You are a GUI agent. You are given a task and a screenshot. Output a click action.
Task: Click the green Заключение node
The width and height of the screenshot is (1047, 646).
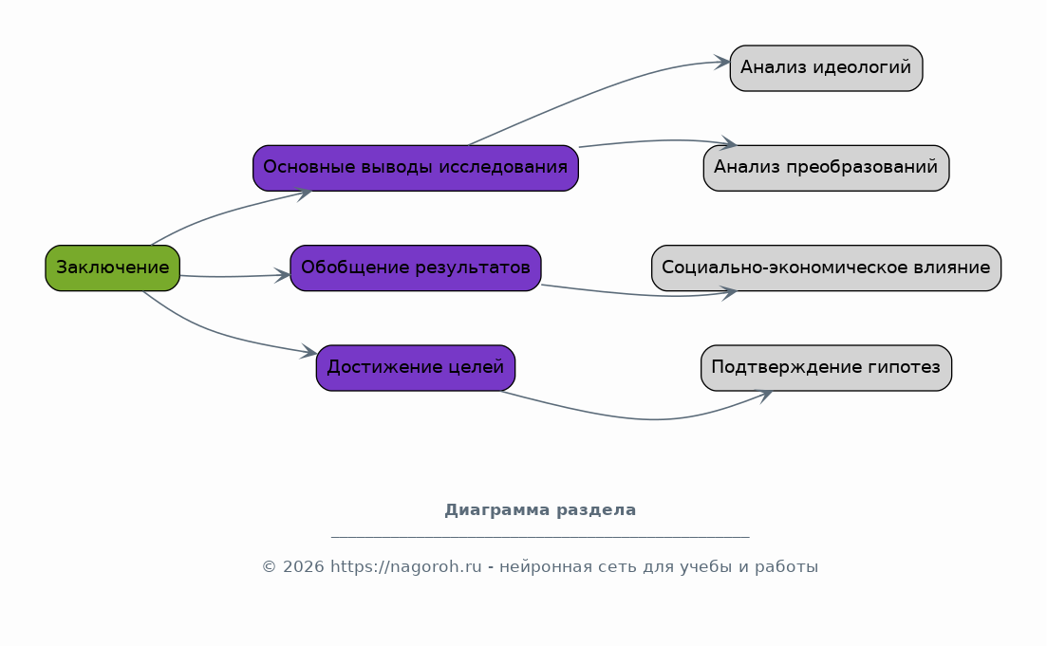(x=113, y=268)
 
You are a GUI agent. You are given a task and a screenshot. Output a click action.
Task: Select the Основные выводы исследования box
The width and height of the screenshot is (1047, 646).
(x=416, y=168)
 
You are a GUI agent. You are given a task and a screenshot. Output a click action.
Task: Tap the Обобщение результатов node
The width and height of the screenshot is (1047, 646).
(x=416, y=268)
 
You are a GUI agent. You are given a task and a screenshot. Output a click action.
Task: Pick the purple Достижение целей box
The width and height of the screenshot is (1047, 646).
(x=416, y=368)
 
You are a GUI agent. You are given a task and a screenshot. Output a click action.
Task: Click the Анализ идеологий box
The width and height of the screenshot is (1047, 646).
(x=826, y=68)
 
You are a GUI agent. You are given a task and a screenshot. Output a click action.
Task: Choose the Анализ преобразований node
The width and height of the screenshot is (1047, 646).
(x=826, y=168)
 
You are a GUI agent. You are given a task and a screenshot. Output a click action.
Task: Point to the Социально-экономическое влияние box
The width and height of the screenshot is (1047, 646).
(x=826, y=268)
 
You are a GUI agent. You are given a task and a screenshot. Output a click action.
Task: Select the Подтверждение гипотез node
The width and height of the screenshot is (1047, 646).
(x=826, y=368)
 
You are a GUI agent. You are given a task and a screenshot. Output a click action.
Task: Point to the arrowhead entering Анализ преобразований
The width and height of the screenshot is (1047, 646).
(x=728, y=143)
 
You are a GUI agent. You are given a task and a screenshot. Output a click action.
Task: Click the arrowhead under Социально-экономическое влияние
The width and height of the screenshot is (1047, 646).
(x=728, y=291)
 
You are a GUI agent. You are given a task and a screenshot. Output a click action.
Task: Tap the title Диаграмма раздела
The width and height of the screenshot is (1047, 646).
(x=540, y=509)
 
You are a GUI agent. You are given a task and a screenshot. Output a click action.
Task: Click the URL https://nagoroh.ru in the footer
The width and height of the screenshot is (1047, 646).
(x=406, y=566)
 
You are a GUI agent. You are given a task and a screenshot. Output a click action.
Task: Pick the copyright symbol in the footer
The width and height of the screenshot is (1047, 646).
(x=269, y=566)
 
